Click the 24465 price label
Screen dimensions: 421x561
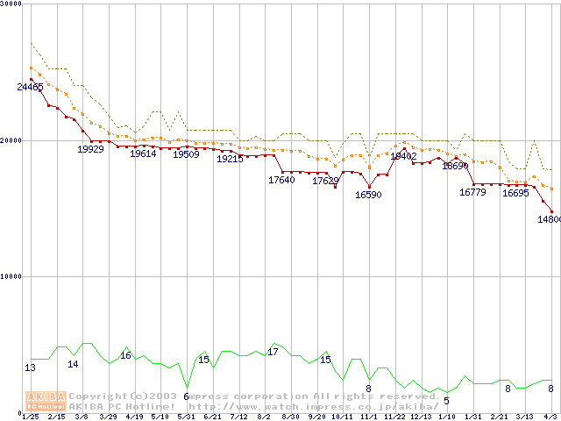click(31, 87)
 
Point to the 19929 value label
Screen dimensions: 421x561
click(91, 150)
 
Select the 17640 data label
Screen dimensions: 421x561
click(281, 181)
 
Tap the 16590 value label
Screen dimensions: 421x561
click(368, 195)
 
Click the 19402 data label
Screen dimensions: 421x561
click(403, 156)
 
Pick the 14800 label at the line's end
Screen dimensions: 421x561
click(549, 219)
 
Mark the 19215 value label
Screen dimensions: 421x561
click(230, 160)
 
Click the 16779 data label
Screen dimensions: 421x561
click(472, 192)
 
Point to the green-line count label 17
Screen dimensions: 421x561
click(273, 352)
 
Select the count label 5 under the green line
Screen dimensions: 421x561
click(446, 401)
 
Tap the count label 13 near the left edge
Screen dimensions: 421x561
click(31, 368)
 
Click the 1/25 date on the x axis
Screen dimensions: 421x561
click(31, 417)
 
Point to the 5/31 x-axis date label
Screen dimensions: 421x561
click(186, 417)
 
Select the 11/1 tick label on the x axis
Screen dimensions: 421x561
click(368, 417)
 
